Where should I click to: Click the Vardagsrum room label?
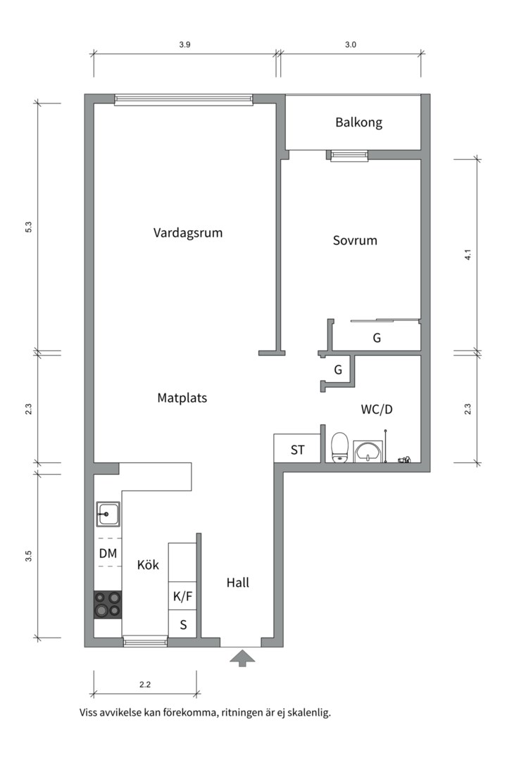[188, 232]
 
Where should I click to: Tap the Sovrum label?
[355, 240]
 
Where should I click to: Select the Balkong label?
[358, 122]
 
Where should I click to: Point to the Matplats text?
[182, 398]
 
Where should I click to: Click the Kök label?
[148, 564]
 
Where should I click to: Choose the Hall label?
[238, 583]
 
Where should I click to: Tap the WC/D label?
[376, 409]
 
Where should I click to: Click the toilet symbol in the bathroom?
[340, 447]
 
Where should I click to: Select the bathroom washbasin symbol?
[366, 450]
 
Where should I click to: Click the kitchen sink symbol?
[108, 514]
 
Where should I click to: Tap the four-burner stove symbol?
[108, 604]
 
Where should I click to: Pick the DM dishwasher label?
[108, 554]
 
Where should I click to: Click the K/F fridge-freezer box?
[182, 597]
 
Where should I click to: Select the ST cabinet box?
[298, 450]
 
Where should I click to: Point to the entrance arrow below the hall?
[243, 658]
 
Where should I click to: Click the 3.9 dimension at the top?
[184, 44]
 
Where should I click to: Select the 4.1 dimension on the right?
[468, 255]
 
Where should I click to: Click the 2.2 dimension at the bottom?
[146, 683]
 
